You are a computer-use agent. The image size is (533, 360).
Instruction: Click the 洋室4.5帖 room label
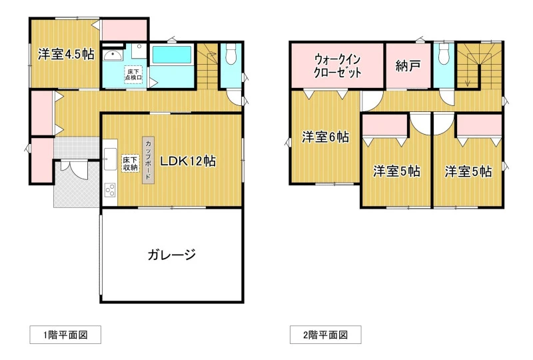66,54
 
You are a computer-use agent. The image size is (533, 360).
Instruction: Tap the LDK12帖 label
188,161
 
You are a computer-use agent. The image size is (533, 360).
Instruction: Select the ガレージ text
172,255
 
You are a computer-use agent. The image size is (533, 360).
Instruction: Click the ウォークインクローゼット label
337,66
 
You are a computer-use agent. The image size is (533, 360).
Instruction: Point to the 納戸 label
408,66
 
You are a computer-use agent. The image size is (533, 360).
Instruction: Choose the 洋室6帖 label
325,137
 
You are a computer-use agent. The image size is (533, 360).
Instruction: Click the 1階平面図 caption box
65,335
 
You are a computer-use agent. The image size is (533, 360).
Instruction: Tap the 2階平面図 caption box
326,335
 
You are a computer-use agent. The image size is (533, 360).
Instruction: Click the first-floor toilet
231,54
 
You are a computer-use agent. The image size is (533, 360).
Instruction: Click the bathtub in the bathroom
172,55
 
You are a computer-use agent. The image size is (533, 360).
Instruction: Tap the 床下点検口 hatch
133,74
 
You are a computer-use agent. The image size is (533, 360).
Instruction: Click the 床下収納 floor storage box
131,163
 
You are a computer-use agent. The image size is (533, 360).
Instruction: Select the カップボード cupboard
148,160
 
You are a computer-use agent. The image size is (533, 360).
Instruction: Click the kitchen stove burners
110,190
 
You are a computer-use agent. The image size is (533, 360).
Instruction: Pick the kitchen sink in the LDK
110,159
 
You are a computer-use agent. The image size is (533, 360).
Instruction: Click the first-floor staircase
207,66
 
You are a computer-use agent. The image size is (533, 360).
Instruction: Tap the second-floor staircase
478,65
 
